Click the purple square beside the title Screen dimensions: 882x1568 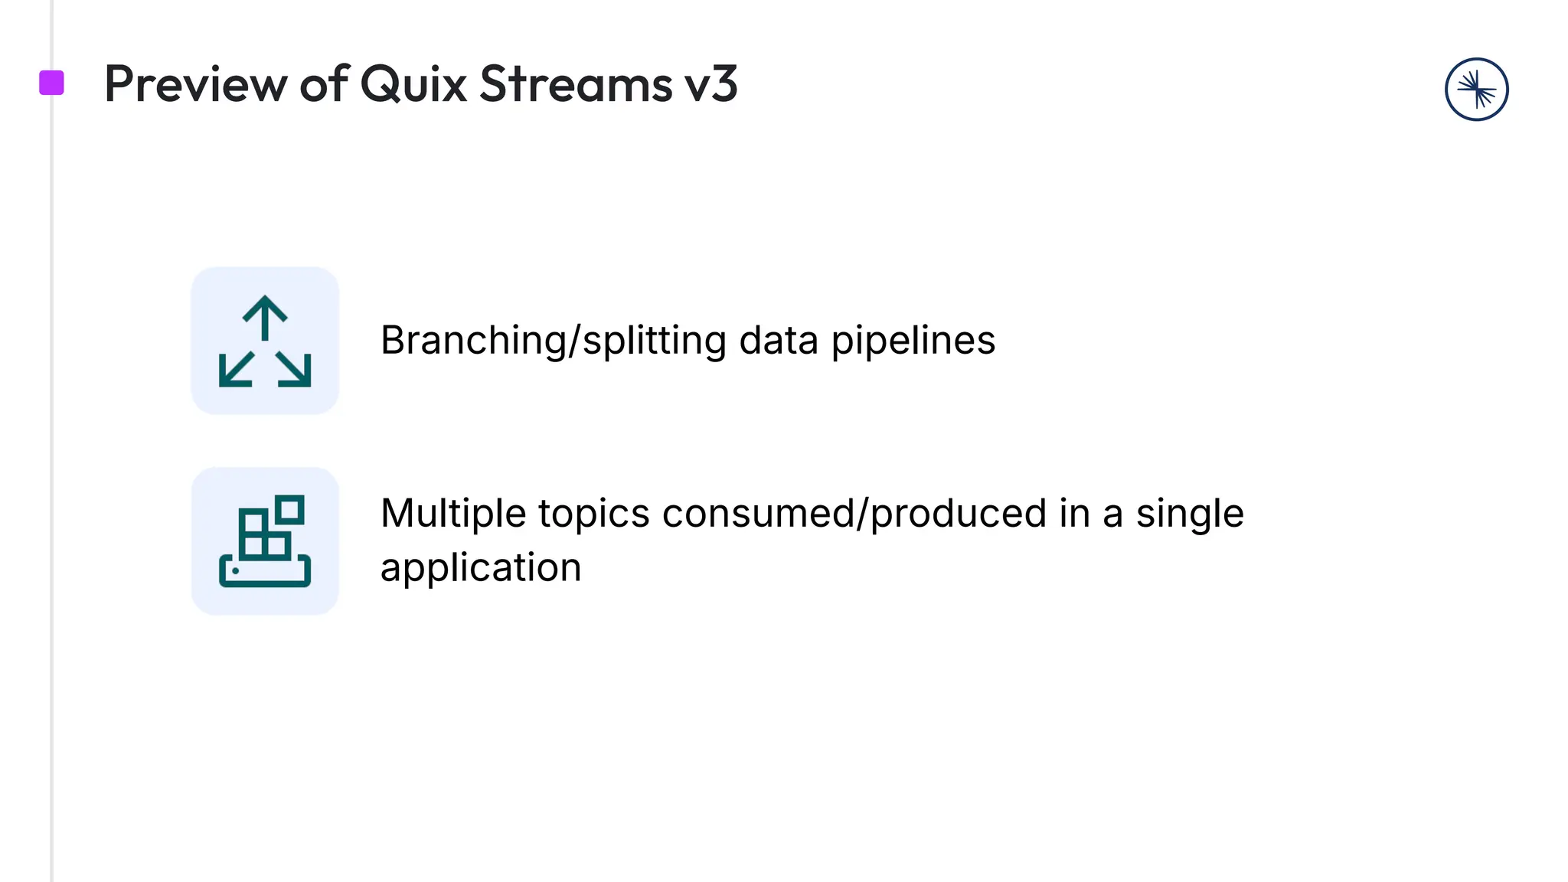51,83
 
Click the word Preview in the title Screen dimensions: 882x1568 195,84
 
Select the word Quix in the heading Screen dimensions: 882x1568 413,84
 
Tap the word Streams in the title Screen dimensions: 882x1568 576,84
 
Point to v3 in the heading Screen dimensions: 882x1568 711,84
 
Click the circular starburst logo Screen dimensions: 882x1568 1476,90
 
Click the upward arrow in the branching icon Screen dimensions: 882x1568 265,317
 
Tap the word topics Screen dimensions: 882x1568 593,513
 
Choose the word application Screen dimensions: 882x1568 481,568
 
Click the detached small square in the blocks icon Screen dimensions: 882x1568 290,509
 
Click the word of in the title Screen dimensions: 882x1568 324,84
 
